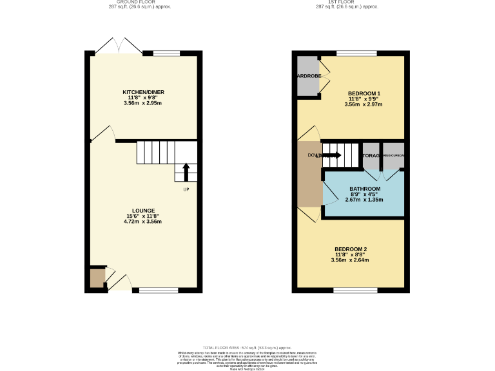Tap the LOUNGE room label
pos(142,211)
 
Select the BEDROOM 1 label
pos(363,93)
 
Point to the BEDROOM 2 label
pos(351,249)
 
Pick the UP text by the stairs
pos(186,189)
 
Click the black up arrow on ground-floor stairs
pos(186,172)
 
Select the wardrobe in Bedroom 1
pos(308,76)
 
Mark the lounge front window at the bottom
pos(159,290)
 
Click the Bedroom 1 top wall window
pos(356,53)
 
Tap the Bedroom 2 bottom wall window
pos(356,290)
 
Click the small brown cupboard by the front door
pos(97,278)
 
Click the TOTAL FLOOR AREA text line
pos(248,347)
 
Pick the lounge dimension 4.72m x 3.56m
pos(142,222)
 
